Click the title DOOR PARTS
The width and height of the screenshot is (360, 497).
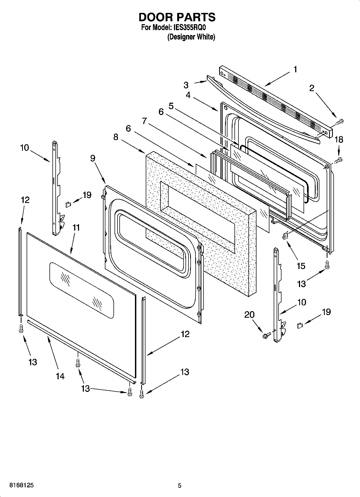[x=177, y=17]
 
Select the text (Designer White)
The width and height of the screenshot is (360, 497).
[x=191, y=37]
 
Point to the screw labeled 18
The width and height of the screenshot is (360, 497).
[x=338, y=160]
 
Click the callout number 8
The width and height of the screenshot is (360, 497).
[x=116, y=137]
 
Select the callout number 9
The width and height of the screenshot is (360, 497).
[x=92, y=158]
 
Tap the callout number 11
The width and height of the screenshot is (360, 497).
[x=76, y=228]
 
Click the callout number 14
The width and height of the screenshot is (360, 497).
[x=60, y=376]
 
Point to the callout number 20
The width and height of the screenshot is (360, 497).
[x=249, y=314]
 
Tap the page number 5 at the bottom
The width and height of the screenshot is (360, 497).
[x=179, y=485]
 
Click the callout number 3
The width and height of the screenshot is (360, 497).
[x=186, y=85]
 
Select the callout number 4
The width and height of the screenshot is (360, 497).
[x=188, y=95]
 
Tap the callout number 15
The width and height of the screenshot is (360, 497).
[x=301, y=266]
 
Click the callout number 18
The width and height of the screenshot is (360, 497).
[x=339, y=140]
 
